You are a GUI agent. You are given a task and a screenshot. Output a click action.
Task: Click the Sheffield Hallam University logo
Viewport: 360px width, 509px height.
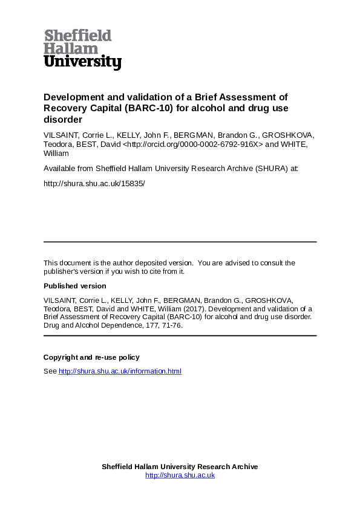[82, 50]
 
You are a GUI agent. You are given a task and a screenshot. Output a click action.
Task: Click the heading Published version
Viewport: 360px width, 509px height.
[74, 286]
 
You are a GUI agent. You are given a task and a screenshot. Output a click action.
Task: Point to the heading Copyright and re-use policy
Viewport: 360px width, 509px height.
[91, 357]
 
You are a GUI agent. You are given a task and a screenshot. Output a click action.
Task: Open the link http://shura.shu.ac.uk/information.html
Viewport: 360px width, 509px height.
[120, 371]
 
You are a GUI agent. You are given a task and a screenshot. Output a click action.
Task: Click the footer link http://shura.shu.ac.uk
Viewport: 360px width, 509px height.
[180, 475]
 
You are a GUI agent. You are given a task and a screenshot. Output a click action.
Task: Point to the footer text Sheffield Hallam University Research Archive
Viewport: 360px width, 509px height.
[180, 467]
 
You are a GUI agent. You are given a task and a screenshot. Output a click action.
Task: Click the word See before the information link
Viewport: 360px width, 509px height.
[50, 371]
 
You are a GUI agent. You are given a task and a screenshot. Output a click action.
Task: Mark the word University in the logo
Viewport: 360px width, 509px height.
[82, 62]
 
